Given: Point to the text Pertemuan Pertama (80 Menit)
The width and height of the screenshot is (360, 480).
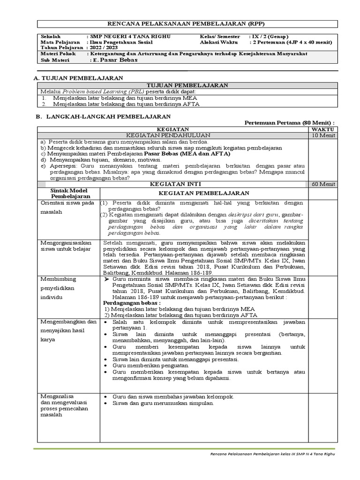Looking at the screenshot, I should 290,122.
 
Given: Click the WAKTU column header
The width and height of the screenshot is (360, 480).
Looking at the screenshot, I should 322,128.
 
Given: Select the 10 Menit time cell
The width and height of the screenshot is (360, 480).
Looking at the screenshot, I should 322,135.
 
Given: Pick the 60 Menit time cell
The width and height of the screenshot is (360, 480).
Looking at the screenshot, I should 322,185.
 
